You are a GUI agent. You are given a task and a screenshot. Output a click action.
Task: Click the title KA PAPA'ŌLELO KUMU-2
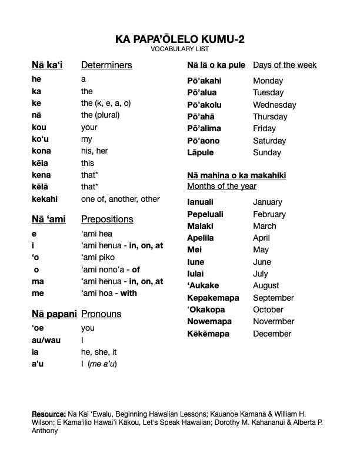[180, 39]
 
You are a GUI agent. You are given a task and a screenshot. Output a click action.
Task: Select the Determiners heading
[106, 65]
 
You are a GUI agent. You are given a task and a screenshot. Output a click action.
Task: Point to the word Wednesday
[275, 105]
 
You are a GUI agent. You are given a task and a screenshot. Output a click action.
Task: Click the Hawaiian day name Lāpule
[201, 152]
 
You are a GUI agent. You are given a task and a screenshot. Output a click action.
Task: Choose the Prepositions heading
[107, 219]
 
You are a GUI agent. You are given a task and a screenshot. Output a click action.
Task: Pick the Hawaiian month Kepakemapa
[213, 298]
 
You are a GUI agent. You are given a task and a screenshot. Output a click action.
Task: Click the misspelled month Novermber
[274, 321]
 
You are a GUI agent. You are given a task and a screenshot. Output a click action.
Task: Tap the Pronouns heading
[101, 314]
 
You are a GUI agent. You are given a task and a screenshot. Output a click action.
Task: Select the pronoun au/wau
[46, 340]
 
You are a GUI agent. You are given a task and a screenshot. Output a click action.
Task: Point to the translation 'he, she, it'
[99, 352]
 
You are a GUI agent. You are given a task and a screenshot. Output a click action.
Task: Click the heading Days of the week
[285, 65]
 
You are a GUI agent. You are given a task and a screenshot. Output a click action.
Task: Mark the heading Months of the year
[222, 186]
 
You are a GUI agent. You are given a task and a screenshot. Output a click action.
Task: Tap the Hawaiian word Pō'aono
[204, 141]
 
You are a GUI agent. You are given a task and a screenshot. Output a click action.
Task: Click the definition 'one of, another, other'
[121, 199]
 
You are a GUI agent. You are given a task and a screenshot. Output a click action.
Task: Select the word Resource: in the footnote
[49, 414]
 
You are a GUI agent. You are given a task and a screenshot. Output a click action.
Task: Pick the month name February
[269, 214]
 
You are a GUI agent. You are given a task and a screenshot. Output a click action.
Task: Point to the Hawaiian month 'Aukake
[202, 285]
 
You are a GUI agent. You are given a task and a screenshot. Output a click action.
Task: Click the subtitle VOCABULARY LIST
[180, 49]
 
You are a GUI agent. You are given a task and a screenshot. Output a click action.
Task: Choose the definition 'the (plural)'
[101, 115]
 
